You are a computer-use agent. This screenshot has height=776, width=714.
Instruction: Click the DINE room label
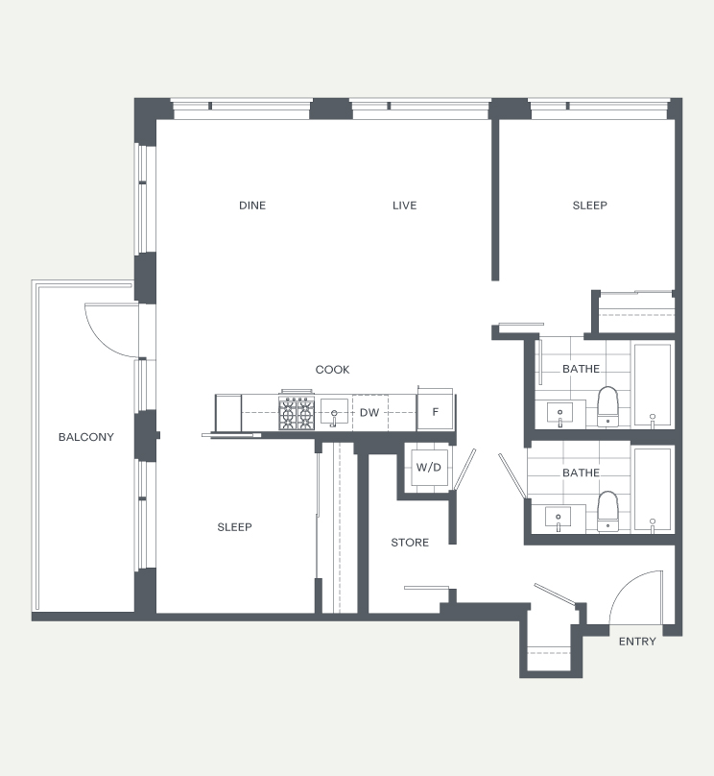(x=252, y=206)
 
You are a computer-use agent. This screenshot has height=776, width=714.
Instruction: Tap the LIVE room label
(x=404, y=206)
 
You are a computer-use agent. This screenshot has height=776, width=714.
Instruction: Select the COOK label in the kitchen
(x=332, y=370)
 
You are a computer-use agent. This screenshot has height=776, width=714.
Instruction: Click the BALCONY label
(x=86, y=437)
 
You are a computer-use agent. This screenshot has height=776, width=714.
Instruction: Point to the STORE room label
(x=410, y=543)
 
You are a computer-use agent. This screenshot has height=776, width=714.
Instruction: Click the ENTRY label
(x=637, y=642)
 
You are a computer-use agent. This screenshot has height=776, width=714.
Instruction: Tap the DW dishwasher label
(x=369, y=412)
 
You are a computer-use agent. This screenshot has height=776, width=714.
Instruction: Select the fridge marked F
(x=435, y=411)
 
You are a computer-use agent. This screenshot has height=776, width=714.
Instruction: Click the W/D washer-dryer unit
(x=429, y=467)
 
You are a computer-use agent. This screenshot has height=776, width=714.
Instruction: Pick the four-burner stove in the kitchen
(x=297, y=412)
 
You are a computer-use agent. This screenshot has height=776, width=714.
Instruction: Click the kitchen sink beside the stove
(x=334, y=412)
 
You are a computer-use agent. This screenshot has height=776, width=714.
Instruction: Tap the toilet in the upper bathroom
(x=607, y=407)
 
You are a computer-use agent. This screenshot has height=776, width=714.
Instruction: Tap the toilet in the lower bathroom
(x=607, y=511)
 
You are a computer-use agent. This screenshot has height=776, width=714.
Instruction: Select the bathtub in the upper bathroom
(x=653, y=384)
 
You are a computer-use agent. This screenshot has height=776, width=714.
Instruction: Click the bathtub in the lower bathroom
(x=653, y=490)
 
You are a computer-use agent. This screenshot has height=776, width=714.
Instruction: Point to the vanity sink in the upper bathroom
(x=559, y=413)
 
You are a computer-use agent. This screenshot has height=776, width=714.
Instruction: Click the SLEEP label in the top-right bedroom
(x=590, y=206)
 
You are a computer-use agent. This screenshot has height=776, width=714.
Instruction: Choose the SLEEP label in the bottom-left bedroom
(x=234, y=527)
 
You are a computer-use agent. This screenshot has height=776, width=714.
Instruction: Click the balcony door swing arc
(x=97, y=337)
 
